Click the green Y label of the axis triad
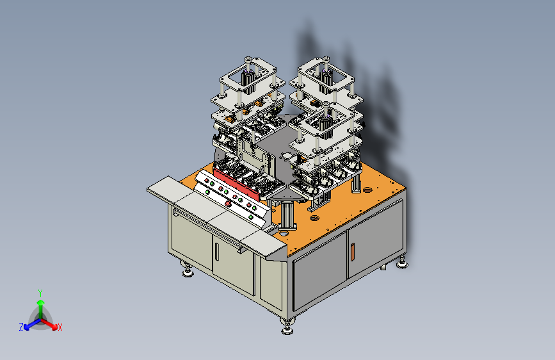tap(40, 293)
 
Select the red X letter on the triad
tap(60, 328)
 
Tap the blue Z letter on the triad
tap(21, 327)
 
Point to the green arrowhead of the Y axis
tap(41, 303)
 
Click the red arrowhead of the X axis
tap(54, 326)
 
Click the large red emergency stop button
tap(228, 204)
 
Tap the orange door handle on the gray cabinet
tap(352, 251)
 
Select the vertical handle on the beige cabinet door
tap(216, 251)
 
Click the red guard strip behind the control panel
tap(236, 184)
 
